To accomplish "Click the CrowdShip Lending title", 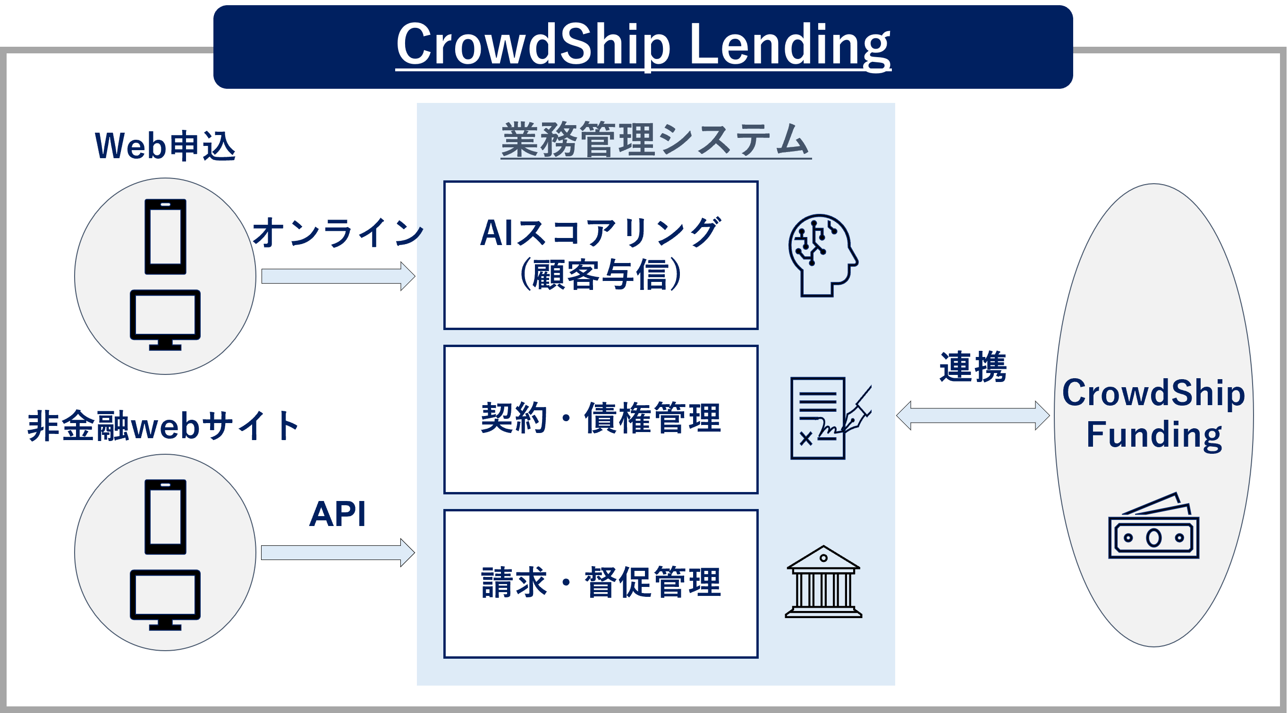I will pyautogui.click(x=643, y=45).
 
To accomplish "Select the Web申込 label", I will pyautogui.click(x=165, y=146).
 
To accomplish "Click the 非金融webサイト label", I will pyautogui.click(x=163, y=426).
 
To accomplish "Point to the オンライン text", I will pyautogui.click(x=338, y=233).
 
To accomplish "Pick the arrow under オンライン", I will pyautogui.click(x=338, y=276).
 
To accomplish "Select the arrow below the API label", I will pyautogui.click(x=338, y=552).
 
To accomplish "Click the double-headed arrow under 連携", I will pyautogui.click(x=973, y=415).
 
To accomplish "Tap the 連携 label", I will pyautogui.click(x=973, y=367).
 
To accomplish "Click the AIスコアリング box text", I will pyautogui.click(x=601, y=254).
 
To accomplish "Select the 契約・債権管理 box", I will pyautogui.click(x=601, y=419).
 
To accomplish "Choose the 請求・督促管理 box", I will pyautogui.click(x=601, y=583).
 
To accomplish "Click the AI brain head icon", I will pyautogui.click(x=822, y=255).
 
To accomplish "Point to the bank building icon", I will pyautogui.click(x=823, y=582).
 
